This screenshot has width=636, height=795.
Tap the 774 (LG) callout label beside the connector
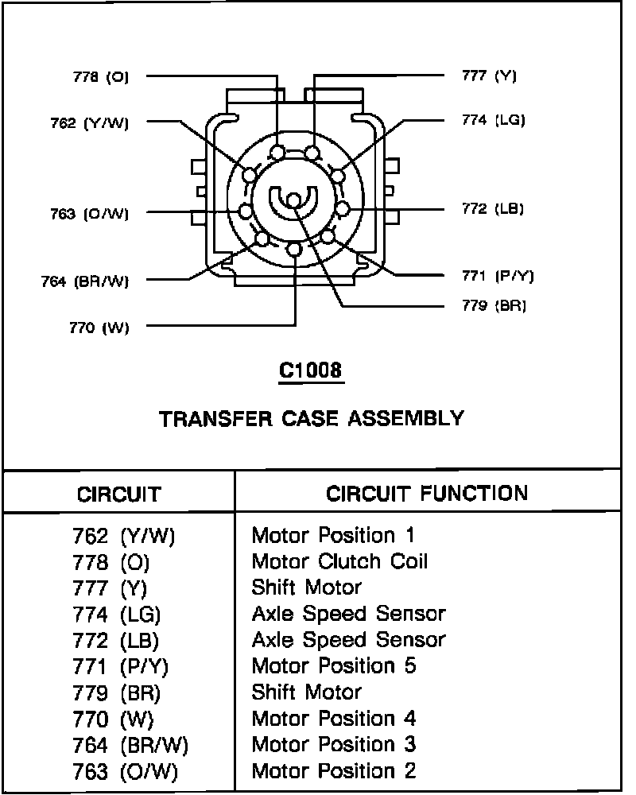493,120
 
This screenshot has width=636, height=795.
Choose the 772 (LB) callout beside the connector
493,209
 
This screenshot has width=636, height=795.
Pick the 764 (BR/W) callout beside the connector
84,280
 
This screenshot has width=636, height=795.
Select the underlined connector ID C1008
311,370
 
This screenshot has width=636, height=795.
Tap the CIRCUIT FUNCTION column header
427,493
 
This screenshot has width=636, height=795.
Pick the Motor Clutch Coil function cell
339,561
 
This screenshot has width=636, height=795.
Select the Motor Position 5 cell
334,665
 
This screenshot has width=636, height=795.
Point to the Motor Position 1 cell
333,535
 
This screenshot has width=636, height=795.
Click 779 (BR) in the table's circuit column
116,692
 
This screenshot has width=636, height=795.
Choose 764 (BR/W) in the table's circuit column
130,745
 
